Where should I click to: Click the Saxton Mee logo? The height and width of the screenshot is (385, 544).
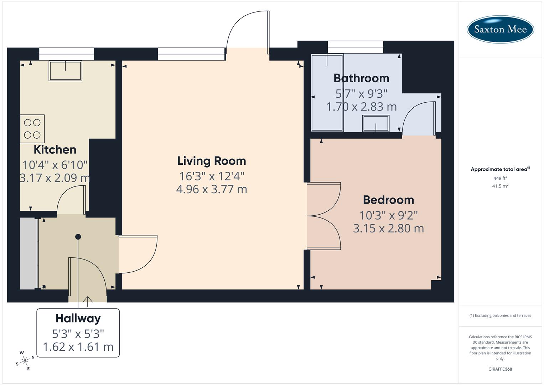point(500,29)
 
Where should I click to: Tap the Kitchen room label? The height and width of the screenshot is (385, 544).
point(55,149)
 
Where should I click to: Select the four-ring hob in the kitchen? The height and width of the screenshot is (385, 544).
point(32,129)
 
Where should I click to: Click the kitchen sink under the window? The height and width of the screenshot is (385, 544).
point(66,71)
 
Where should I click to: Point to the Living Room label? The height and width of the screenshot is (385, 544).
point(212,161)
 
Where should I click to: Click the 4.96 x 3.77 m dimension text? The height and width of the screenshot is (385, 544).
point(212,189)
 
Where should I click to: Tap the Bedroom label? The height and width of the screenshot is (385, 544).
point(388,200)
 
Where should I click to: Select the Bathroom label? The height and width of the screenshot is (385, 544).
point(361,78)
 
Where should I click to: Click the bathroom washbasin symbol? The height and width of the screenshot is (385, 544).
point(376,124)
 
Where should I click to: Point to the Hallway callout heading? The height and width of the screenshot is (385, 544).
point(78,318)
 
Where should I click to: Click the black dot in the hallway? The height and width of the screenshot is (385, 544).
point(78,237)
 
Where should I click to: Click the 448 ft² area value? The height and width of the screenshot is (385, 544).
point(500,178)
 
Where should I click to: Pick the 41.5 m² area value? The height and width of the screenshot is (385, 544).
point(500,186)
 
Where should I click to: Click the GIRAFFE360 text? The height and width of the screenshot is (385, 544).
point(500,369)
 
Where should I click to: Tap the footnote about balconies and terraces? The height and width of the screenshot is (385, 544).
point(500,315)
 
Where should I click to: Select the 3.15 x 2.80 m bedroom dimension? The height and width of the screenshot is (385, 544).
point(388,228)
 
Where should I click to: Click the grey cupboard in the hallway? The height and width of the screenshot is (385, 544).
point(28,253)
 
